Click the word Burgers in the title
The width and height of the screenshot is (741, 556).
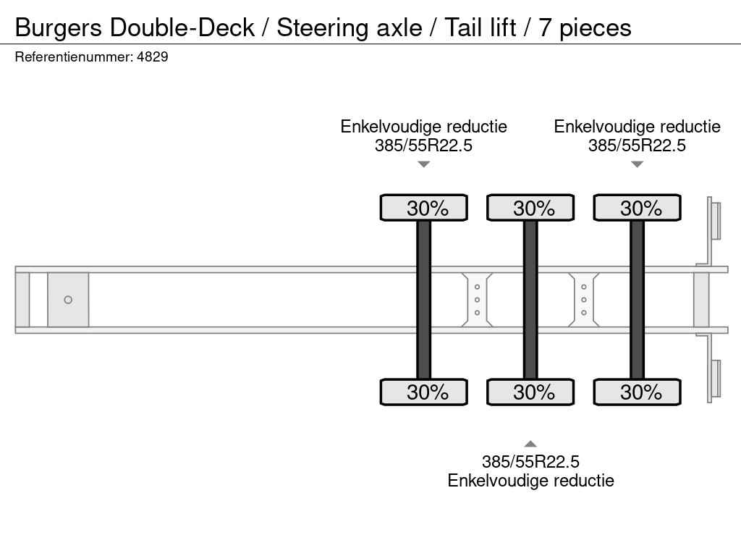coord(58,28)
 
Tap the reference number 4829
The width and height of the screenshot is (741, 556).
coord(153,56)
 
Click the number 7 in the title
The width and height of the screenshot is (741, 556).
coord(544,28)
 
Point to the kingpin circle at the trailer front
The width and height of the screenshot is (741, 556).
coord(68,300)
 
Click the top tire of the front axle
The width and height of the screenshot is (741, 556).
coord(424,208)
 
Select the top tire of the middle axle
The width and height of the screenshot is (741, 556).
coord(530,208)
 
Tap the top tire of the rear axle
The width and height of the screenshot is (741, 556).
coord(637,208)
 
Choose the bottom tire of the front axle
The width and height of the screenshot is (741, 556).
coord(424,392)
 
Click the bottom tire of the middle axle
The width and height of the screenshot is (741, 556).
coord(530,392)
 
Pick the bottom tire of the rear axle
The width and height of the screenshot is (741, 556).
coord(637,392)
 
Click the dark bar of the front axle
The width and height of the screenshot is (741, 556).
coord(424,300)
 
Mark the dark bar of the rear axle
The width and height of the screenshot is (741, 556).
coord(637,300)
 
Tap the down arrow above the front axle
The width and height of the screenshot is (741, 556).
coord(424,164)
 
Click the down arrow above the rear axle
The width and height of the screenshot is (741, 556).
coord(637,164)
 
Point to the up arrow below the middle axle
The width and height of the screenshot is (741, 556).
coord(530,444)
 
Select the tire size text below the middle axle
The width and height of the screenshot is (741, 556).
coord(530,461)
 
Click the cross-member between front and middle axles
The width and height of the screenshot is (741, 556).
coord(477,300)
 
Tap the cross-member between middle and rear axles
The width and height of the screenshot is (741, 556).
coord(584,300)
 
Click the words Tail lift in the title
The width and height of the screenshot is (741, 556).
coord(480,28)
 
